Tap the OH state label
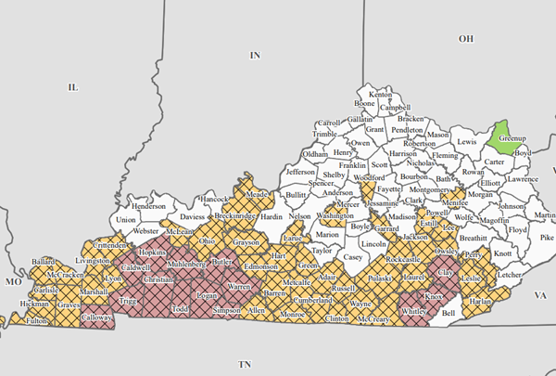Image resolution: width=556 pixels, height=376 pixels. (x=465, y=39)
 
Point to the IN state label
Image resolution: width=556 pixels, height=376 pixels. (x=256, y=56)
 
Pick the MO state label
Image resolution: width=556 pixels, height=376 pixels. (x=13, y=279)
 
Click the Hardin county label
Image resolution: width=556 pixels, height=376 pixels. (x=271, y=216)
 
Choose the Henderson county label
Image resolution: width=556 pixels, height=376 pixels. (x=148, y=206)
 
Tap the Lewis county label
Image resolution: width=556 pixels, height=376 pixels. (x=467, y=142)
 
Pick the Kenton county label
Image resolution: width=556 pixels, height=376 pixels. (x=381, y=96)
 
